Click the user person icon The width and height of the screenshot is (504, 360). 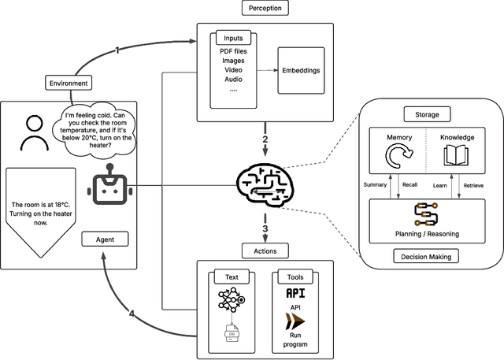(31, 133)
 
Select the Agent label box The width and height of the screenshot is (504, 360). (105, 238)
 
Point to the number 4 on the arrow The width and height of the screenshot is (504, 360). (132, 313)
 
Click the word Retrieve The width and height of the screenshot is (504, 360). (474, 185)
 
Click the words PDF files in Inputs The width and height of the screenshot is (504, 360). (233, 51)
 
